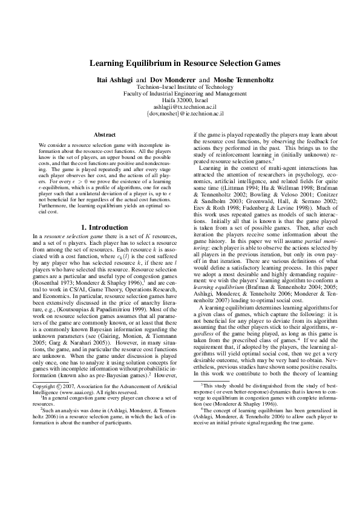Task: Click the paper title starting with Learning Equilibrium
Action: tap(180, 63)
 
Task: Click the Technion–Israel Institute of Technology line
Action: tap(180, 87)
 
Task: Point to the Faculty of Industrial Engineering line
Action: tap(180, 94)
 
